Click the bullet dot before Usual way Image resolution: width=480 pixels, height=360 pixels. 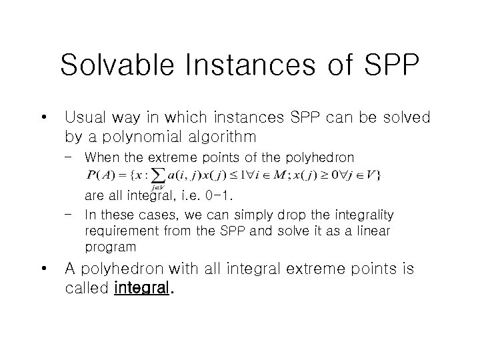coord(43,119)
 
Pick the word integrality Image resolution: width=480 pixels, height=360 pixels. coord(361,215)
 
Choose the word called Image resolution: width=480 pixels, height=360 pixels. coord(87,289)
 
